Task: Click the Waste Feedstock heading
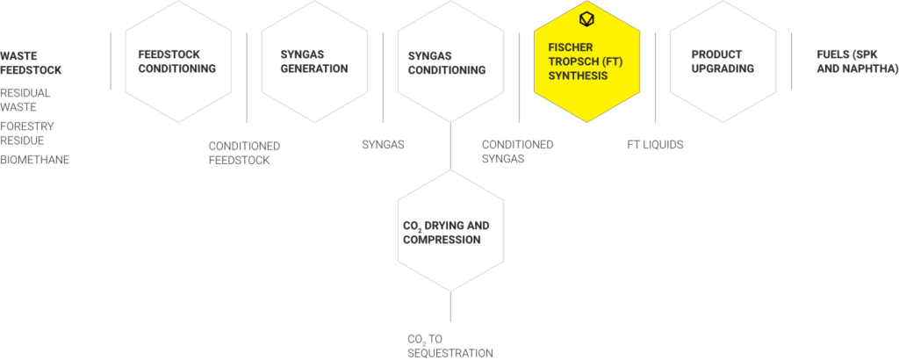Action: [x=31, y=63]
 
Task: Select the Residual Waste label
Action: [x=25, y=100]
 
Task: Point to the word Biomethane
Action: [x=34, y=160]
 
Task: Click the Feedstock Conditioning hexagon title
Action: [x=177, y=61]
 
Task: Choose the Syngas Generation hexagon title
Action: [x=314, y=61]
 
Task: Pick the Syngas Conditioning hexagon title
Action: [x=447, y=63]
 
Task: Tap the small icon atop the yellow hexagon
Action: [x=586, y=20]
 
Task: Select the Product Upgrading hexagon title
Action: [x=723, y=61]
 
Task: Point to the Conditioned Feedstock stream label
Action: [x=244, y=153]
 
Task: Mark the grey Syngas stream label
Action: [x=383, y=145]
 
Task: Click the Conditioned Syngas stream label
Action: [x=518, y=151]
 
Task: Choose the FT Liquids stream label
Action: [x=655, y=145]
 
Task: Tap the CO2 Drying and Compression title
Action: [x=446, y=232]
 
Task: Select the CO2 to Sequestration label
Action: [x=450, y=346]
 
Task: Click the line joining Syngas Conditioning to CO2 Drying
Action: [x=450, y=146]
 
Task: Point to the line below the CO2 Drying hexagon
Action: [x=450, y=306]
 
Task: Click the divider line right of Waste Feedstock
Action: [x=111, y=61]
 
